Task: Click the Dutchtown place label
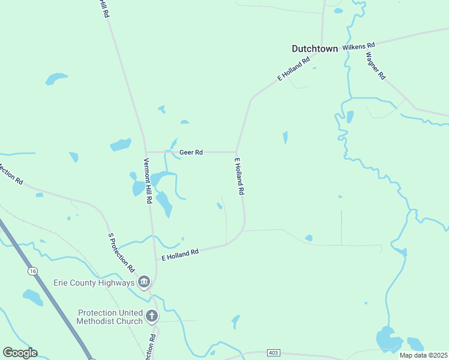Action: click(315, 49)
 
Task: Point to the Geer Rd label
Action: click(191, 152)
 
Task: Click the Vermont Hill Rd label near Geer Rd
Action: click(147, 181)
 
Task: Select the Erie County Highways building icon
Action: click(144, 282)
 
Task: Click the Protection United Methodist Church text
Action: click(110, 317)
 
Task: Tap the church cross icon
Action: click(152, 316)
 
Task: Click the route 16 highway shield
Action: click(32, 272)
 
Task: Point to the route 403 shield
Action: click(274, 354)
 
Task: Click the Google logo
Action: click(20, 353)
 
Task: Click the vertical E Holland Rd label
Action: click(240, 176)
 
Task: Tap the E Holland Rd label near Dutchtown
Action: click(293, 69)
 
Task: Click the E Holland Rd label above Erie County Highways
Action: click(180, 254)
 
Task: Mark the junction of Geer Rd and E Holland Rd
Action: click(237, 152)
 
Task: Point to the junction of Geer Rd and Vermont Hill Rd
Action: click(146, 152)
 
